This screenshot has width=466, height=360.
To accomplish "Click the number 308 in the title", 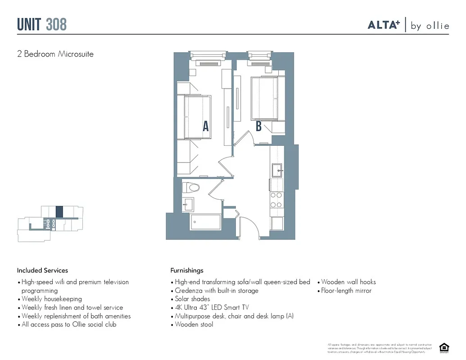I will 56,24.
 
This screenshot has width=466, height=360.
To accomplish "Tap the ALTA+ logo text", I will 384,25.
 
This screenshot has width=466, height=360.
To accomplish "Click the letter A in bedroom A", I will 206,126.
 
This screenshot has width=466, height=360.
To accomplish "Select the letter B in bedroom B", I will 258,126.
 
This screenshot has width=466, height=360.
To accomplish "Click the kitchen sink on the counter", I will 277,170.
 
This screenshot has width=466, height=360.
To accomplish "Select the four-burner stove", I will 276,200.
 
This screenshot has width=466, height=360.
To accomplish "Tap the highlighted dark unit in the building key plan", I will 59,212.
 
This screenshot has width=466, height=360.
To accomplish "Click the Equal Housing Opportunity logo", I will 444,347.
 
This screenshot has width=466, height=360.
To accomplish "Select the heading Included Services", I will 42,270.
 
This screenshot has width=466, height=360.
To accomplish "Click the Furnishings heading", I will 187,270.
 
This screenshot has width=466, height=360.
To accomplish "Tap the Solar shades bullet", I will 192,299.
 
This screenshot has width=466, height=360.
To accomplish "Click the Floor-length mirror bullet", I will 346,291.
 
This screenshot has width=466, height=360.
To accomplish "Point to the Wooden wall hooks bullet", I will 348,282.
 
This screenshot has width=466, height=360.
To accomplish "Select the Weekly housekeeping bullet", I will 51,299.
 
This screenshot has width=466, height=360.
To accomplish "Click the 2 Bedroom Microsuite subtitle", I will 55,54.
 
